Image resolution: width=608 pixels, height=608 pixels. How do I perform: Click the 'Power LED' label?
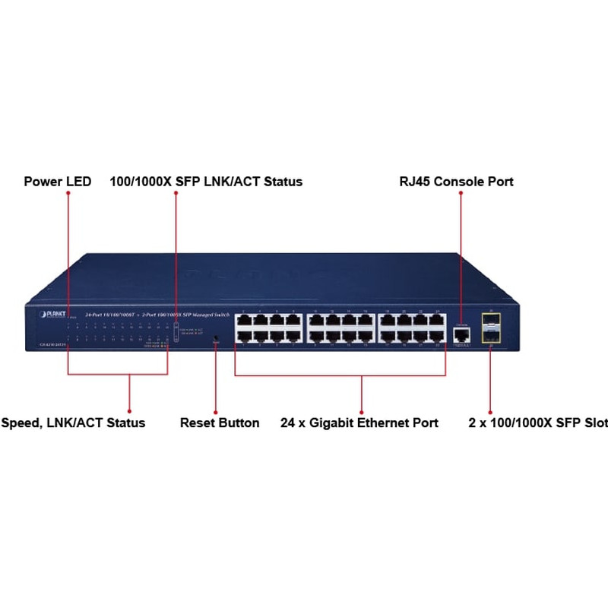(58, 182)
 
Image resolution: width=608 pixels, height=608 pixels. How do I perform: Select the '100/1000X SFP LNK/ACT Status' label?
(206, 182)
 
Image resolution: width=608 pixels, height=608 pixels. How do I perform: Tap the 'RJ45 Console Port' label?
(456, 182)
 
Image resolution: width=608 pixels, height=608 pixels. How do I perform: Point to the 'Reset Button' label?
(220, 423)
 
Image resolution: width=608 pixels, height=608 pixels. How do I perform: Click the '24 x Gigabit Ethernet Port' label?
(359, 423)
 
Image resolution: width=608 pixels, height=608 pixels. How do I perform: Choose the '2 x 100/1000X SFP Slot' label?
(538, 423)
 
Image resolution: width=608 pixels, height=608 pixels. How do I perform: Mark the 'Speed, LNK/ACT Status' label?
(73, 423)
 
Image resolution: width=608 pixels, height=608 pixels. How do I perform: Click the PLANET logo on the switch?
(49, 314)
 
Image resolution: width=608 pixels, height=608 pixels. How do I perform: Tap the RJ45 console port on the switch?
(460, 332)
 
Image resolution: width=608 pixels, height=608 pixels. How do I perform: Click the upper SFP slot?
(490, 324)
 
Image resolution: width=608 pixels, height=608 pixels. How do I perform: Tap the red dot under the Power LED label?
(68, 194)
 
